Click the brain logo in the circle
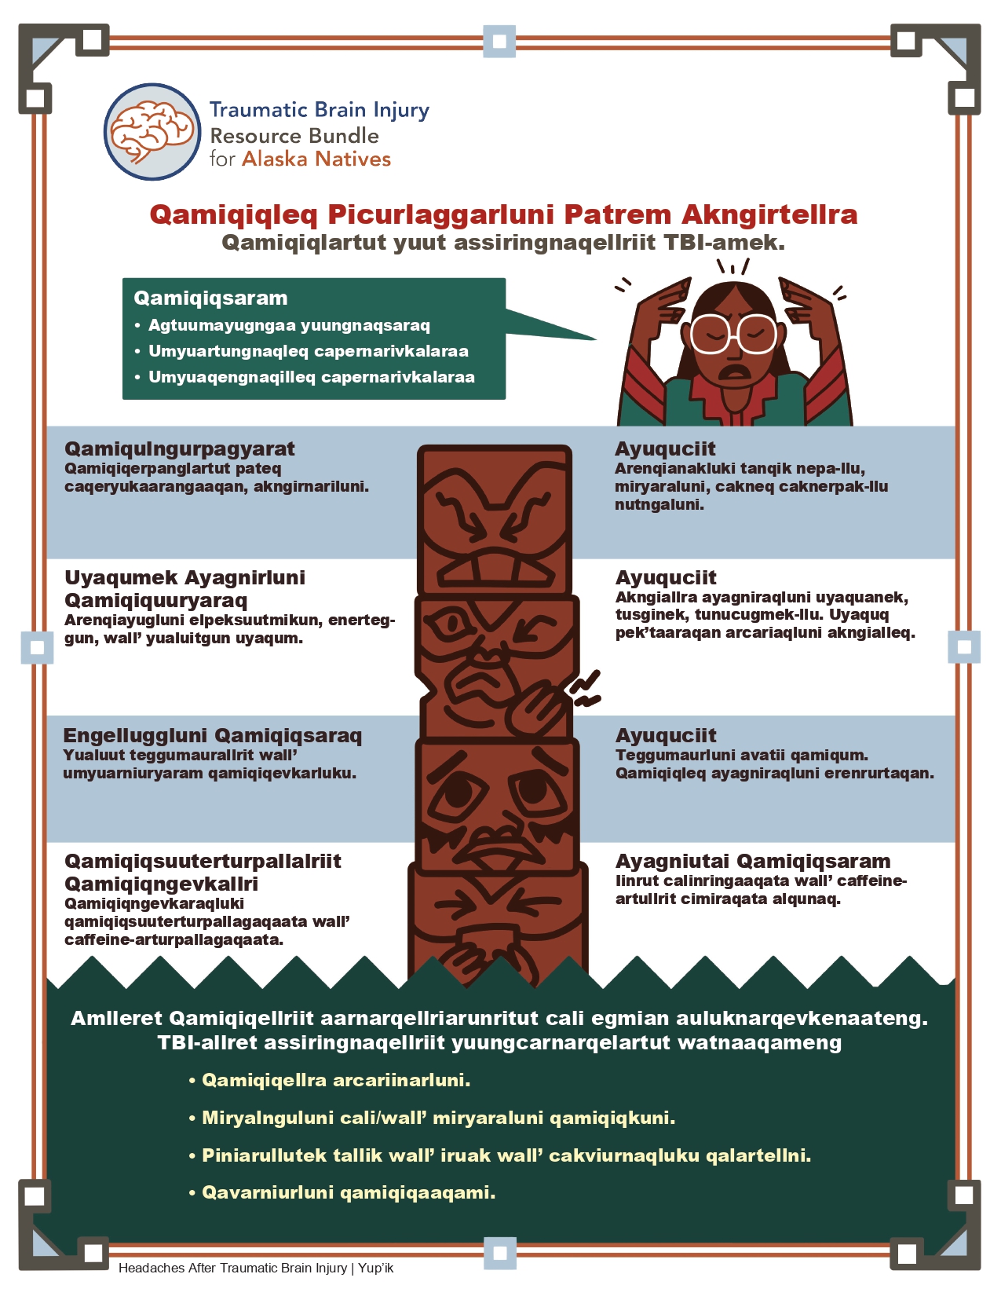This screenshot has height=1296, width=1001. pyautogui.click(x=152, y=132)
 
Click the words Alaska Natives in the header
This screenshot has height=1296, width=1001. pyautogui.click(x=316, y=159)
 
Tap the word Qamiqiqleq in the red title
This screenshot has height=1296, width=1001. pyautogui.click(x=234, y=214)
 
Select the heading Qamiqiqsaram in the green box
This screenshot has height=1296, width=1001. pyautogui.click(x=210, y=298)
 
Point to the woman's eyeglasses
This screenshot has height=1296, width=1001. pyautogui.click(x=733, y=334)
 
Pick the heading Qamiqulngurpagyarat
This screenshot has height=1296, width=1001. pyautogui.click(x=180, y=448)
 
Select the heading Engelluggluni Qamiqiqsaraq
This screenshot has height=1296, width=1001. pyautogui.click(x=212, y=736)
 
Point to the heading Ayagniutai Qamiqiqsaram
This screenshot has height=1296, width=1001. pyautogui.click(x=753, y=861)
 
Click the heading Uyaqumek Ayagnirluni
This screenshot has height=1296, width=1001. pyautogui.click(x=184, y=577)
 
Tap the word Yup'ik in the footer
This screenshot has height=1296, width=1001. pyautogui.click(x=375, y=1268)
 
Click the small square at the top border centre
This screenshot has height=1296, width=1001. pyautogui.click(x=499, y=41)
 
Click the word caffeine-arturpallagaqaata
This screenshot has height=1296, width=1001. pyautogui.click(x=174, y=940)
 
